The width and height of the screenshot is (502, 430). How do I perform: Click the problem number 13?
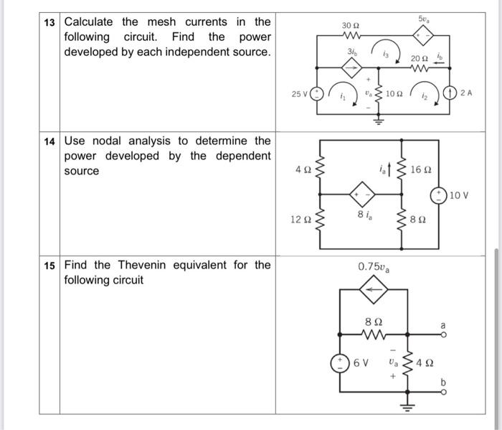click(49, 22)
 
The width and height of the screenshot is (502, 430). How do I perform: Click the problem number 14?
click(49, 141)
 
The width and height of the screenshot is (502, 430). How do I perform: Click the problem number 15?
click(49, 265)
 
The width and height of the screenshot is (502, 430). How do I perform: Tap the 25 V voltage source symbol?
click(316, 93)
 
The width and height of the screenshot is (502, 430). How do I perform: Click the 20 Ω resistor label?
click(420, 58)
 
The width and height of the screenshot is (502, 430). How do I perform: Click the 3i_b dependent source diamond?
click(351, 68)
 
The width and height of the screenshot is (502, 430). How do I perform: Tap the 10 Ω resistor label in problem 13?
click(394, 93)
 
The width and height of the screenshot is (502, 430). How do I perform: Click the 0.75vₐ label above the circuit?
click(373, 267)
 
